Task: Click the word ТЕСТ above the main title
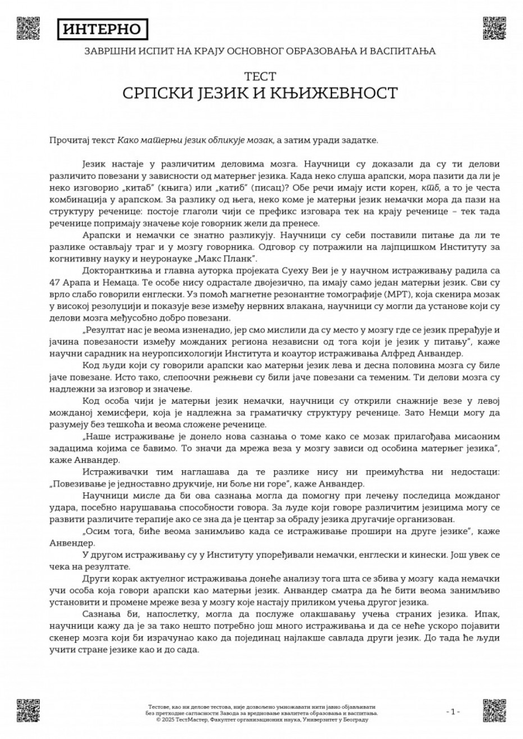(x=260, y=75)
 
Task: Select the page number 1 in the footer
(x=453, y=711)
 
